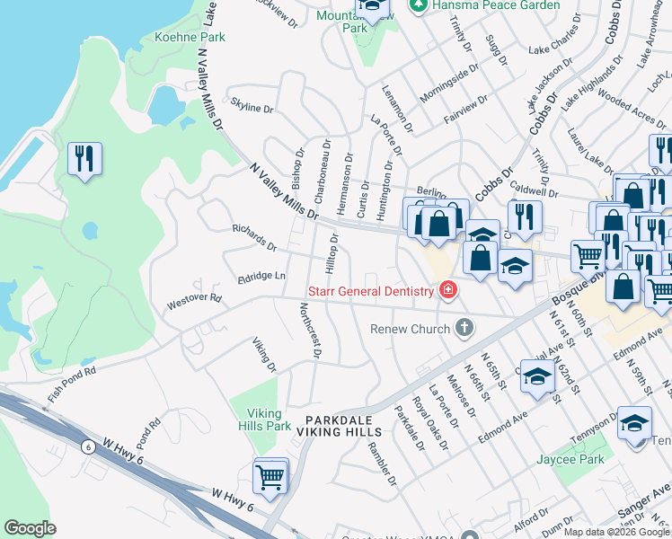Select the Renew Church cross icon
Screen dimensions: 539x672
coord(464,328)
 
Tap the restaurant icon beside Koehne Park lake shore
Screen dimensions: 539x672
coord(84,160)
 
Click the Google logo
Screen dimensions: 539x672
coord(30,528)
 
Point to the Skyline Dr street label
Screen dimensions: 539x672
coord(252,108)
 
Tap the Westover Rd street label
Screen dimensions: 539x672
coord(194,302)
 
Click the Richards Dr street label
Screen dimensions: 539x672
coord(254,238)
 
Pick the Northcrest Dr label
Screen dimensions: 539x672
coord(309,331)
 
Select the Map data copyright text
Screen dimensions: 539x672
coord(616,532)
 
